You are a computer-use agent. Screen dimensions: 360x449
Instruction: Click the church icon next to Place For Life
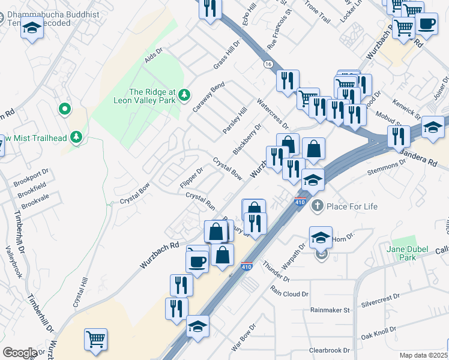pyautogui.click(x=318, y=206)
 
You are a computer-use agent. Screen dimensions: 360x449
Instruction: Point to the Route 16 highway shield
pyautogui.click(x=267, y=64)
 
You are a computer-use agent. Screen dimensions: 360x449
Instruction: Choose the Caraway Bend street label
pyautogui.click(x=208, y=97)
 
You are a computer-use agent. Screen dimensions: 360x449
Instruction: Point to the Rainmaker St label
pyautogui.click(x=330, y=310)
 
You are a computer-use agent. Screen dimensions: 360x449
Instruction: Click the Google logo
pyautogui.click(x=20, y=352)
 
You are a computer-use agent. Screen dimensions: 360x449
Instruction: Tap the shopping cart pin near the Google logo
pyautogui.click(x=96, y=340)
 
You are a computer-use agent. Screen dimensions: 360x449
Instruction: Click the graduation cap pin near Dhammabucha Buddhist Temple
pyautogui.click(x=32, y=29)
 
